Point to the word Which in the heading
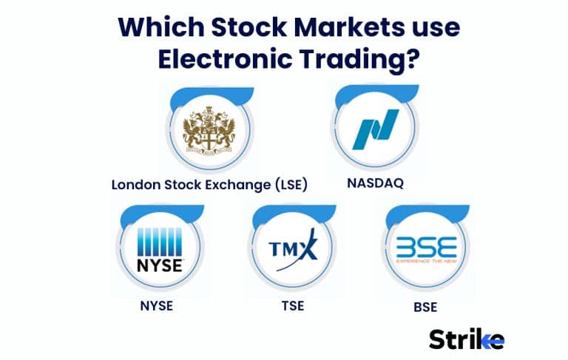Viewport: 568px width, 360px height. point(156,27)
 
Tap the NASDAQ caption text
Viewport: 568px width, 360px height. point(375,183)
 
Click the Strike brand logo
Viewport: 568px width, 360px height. point(467,339)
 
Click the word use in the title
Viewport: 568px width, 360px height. point(436,27)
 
